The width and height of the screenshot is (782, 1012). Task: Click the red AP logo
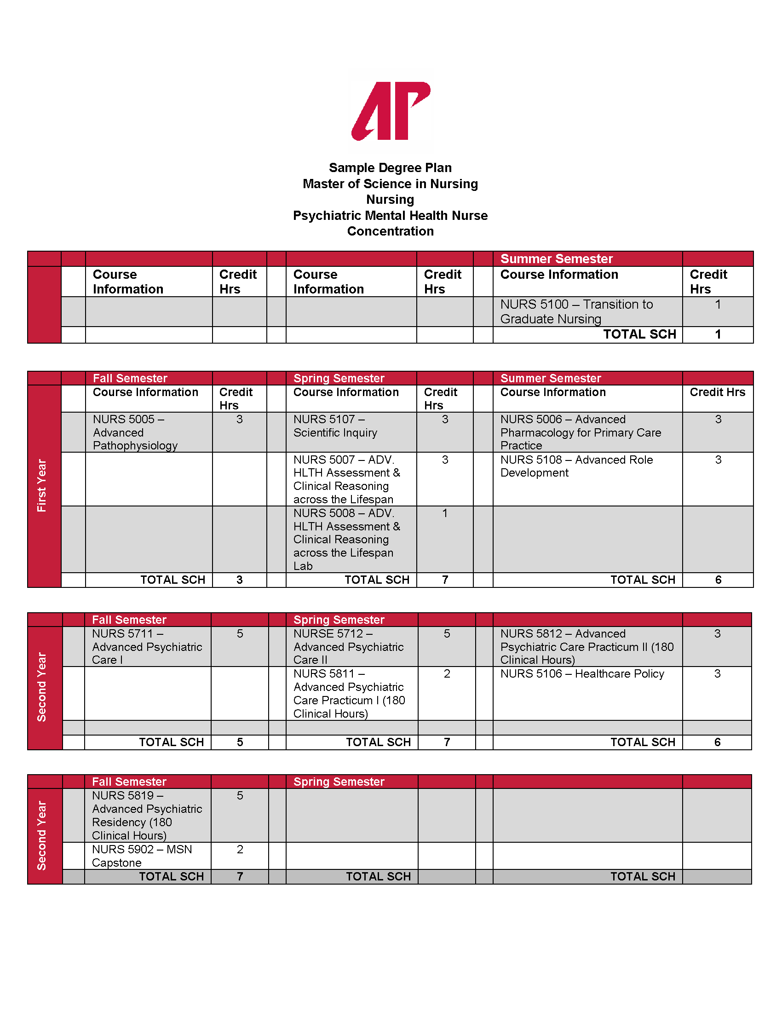[391, 111]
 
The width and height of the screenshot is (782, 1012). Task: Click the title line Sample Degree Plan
[390, 168]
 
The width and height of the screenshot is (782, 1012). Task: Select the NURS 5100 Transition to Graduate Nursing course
[576, 311]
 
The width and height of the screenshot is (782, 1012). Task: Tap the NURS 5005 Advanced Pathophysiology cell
[135, 432]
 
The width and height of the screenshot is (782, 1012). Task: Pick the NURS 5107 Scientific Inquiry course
[335, 426]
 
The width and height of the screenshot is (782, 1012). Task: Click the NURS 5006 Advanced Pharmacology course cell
[581, 432]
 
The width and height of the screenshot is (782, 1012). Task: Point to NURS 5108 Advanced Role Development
[576, 466]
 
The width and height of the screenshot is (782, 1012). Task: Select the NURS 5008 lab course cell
[346, 540]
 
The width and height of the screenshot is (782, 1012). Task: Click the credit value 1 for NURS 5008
[445, 513]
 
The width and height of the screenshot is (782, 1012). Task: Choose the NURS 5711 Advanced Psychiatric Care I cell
[147, 647]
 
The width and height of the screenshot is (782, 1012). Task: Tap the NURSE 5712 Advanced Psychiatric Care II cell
[348, 647]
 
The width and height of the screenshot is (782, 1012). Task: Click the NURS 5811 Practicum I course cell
[349, 694]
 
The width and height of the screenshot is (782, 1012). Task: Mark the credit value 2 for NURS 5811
[447, 674]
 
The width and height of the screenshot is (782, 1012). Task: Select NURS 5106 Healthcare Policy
[582, 674]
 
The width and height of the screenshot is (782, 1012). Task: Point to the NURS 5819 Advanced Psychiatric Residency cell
[147, 816]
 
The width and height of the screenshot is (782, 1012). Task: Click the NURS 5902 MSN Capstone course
[142, 856]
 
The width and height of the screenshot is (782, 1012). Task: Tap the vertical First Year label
[42, 486]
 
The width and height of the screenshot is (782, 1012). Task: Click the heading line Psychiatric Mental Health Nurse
[390, 215]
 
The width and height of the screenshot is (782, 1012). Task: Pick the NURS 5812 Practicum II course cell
[586, 647]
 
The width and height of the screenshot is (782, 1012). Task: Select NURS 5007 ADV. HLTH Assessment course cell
[346, 479]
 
